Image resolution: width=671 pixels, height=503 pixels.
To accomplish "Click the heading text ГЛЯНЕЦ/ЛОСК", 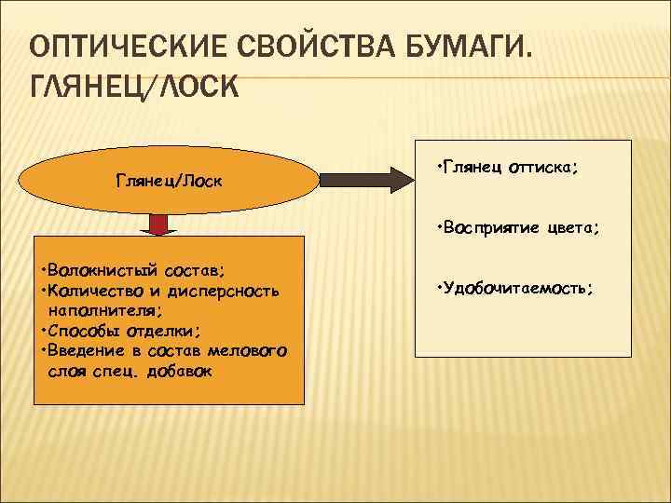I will coord(135,88).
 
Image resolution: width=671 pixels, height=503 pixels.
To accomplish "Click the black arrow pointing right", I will coord(364,177).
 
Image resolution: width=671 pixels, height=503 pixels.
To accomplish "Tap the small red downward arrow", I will coord(159,224).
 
